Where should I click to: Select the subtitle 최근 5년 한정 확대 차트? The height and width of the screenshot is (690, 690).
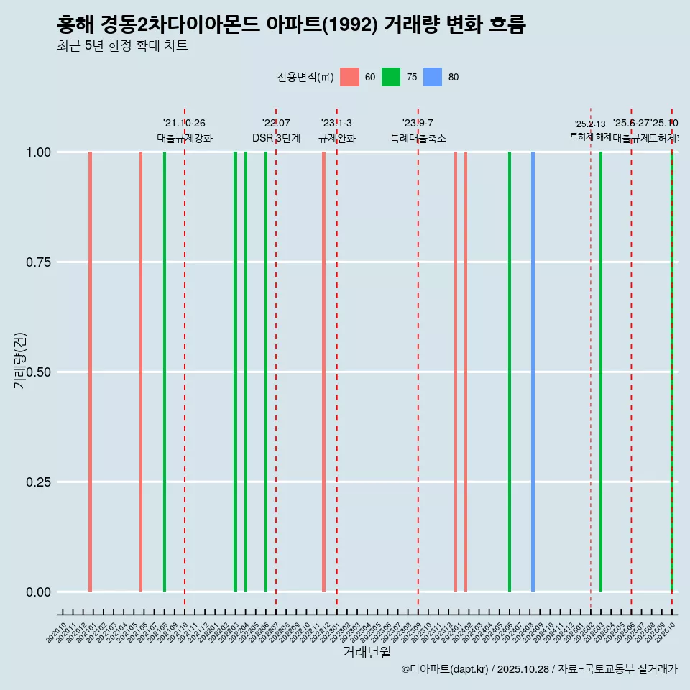(x=122, y=46)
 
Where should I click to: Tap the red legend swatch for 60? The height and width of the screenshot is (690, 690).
(x=349, y=77)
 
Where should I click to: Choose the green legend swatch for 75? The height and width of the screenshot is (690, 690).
(x=391, y=77)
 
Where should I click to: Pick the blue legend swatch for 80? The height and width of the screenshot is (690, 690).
(x=433, y=77)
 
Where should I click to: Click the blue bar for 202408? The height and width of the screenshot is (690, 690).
(x=533, y=372)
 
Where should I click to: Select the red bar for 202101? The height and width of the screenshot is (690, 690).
(x=90, y=372)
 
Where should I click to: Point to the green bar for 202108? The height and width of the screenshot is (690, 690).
(x=165, y=372)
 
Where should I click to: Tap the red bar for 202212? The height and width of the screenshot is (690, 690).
(x=324, y=372)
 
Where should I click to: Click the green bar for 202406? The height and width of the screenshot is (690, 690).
(x=510, y=372)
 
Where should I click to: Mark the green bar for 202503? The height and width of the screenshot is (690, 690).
(x=601, y=372)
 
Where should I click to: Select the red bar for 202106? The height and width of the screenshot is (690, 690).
(x=141, y=372)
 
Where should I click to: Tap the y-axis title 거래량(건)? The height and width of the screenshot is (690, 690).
(x=20, y=361)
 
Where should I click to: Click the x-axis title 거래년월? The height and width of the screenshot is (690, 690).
(x=367, y=652)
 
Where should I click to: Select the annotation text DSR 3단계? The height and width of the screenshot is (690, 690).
(x=276, y=138)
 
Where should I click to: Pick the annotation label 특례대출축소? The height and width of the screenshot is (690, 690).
(x=418, y=138)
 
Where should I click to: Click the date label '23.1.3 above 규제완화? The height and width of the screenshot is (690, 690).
(x=336, y=124)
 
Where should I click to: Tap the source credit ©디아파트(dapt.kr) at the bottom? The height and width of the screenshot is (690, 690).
(x=443, y=669)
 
